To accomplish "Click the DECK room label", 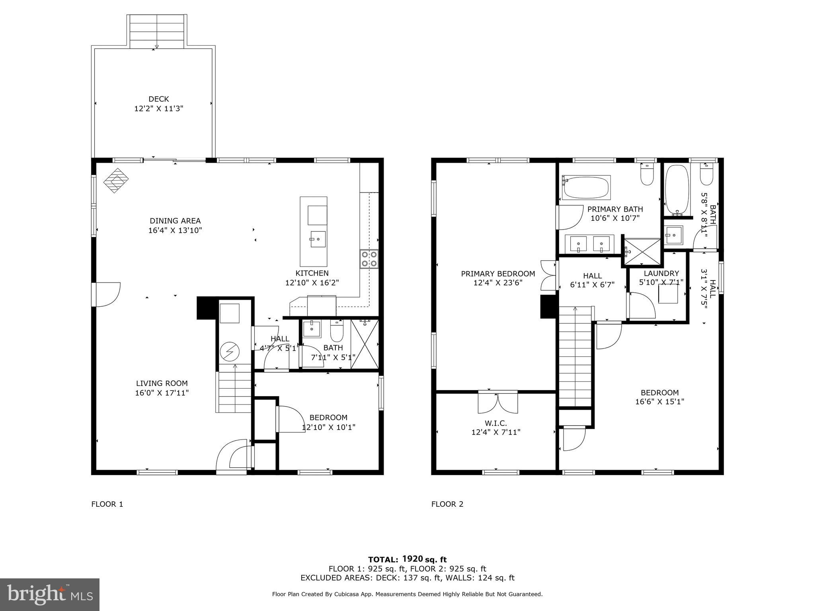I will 159,99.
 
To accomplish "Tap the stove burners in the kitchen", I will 369,259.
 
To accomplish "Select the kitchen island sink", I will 318,239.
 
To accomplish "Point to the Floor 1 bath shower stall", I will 365,344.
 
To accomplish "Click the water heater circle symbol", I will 230,352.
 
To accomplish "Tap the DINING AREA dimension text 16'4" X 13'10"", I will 175,230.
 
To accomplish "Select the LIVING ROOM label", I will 162,383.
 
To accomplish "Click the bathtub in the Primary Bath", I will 586,188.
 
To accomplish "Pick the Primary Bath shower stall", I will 641,252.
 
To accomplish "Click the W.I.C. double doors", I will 498,403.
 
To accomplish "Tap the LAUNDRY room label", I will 661,273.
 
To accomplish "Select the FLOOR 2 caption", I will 447,504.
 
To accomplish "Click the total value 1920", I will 412,559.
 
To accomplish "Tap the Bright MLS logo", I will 50,594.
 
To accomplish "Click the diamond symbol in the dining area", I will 116,181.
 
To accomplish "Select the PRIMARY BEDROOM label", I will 498,274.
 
